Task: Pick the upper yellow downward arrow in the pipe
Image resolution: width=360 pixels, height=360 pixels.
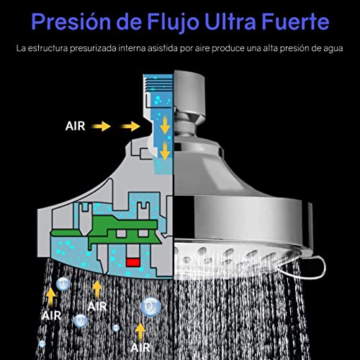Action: click(165, 127)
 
